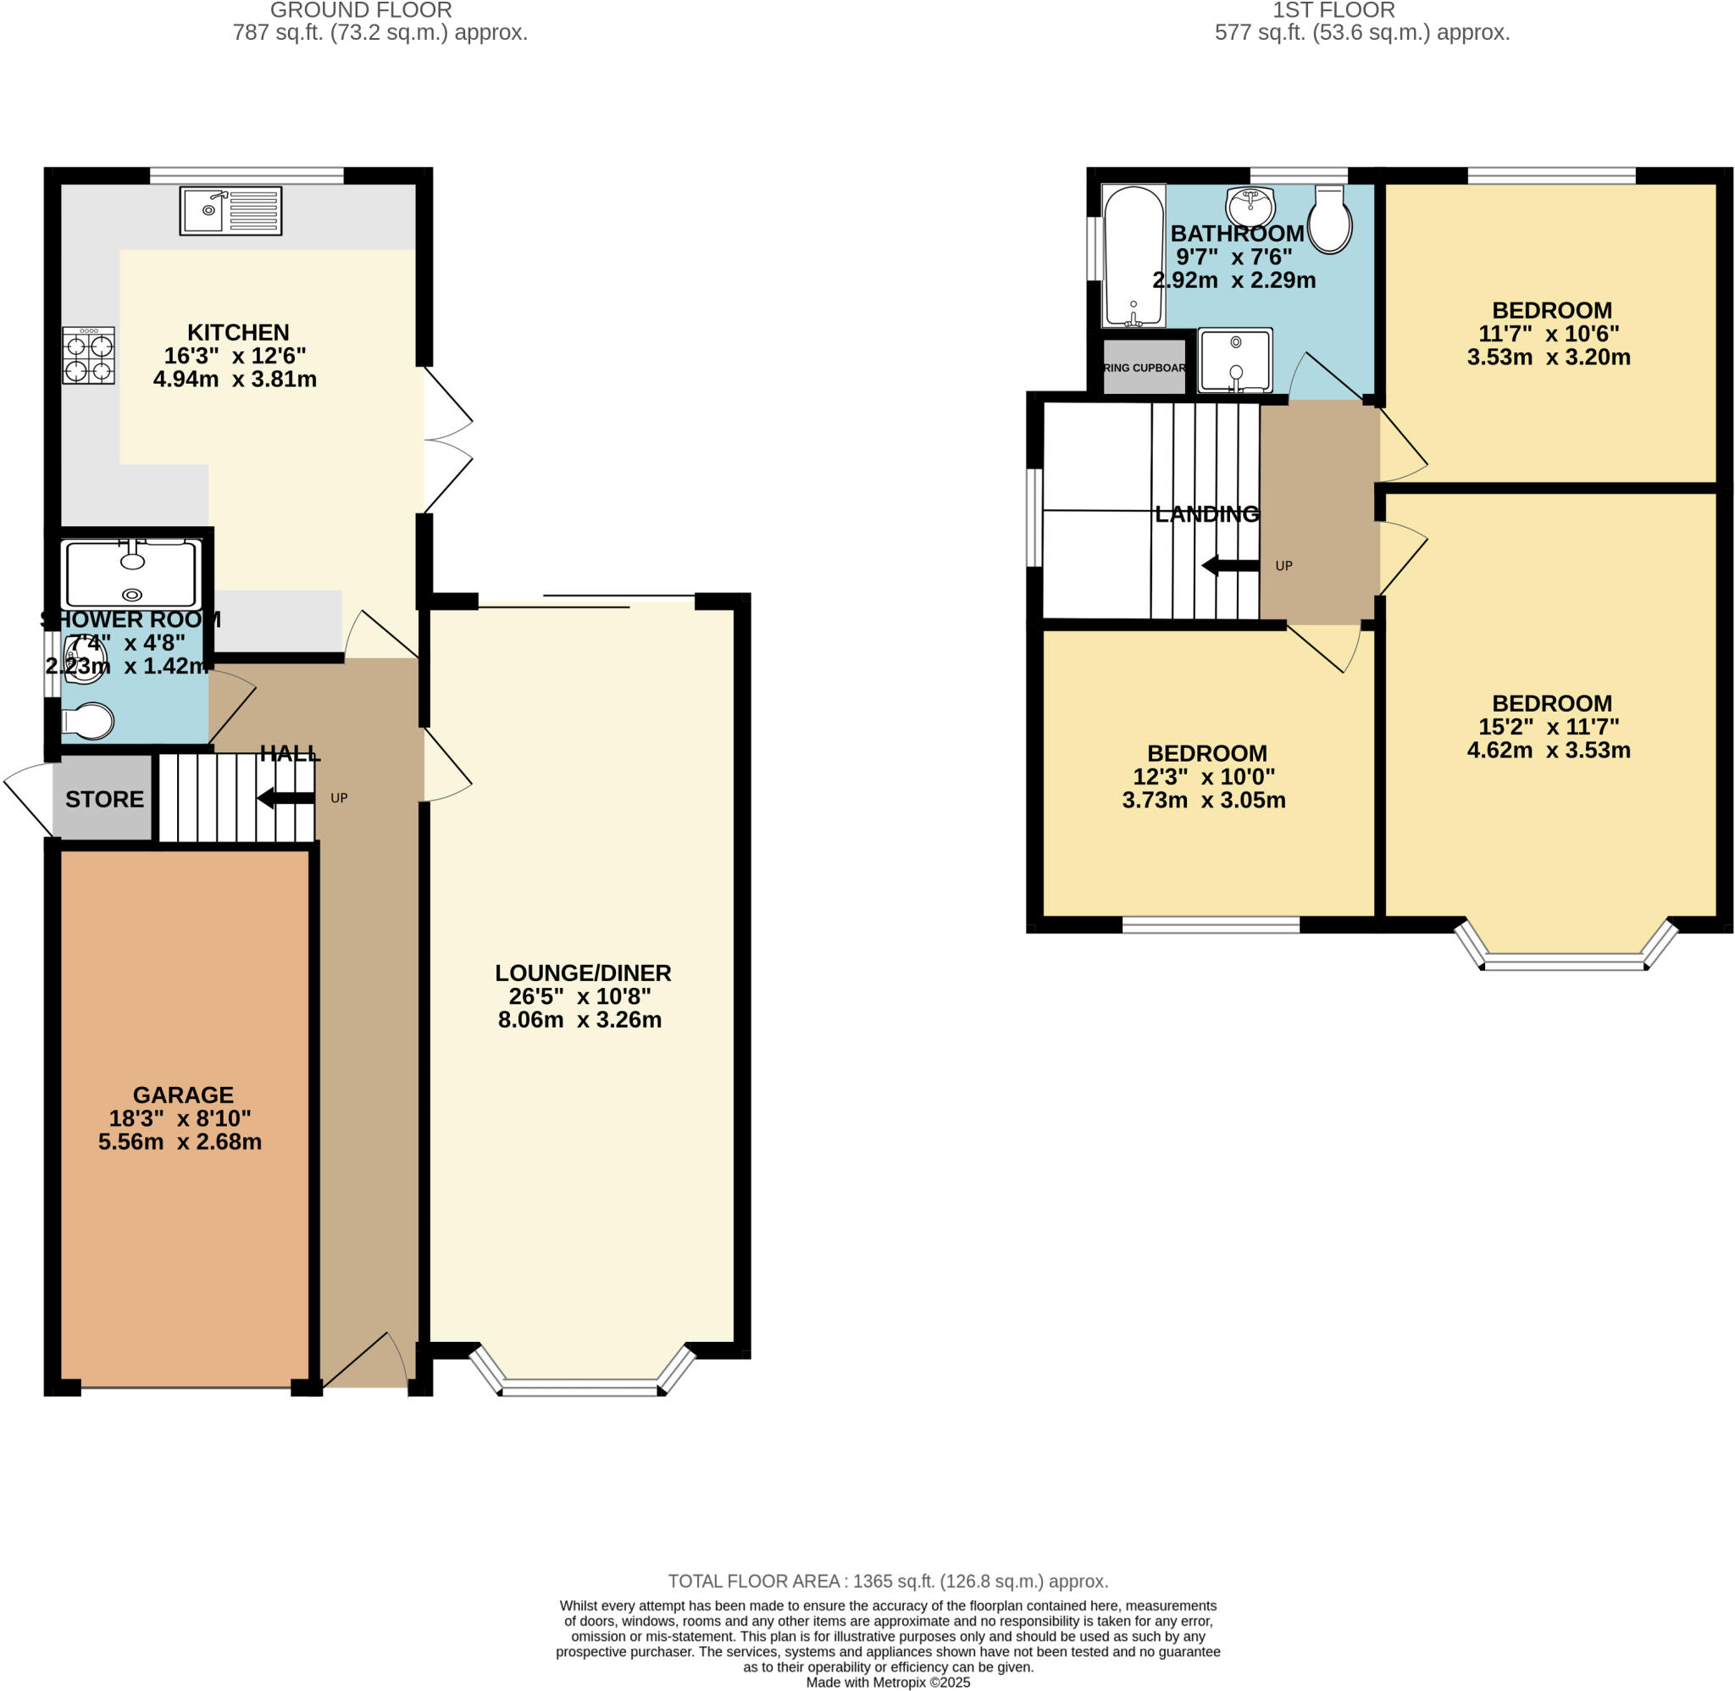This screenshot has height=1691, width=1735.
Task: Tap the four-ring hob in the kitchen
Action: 89,355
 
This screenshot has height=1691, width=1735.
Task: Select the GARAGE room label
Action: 183,1095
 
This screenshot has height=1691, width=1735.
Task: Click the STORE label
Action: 105,799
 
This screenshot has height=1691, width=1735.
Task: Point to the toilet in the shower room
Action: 88,721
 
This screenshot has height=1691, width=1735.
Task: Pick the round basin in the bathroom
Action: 1250,208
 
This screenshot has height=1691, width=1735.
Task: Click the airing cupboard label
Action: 1145,368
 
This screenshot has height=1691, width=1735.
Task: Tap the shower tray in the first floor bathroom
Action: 1235,360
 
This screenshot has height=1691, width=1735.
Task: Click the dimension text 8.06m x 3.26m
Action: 579,1019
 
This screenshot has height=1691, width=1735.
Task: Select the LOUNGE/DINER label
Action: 583,973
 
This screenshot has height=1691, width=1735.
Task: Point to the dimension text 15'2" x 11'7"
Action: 1549,727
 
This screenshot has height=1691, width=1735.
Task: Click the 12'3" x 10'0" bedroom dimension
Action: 1203,776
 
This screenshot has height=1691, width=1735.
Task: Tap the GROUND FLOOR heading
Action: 362,11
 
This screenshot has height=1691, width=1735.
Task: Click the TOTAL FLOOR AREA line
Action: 888,1581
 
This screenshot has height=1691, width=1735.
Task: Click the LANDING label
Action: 1206,513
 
